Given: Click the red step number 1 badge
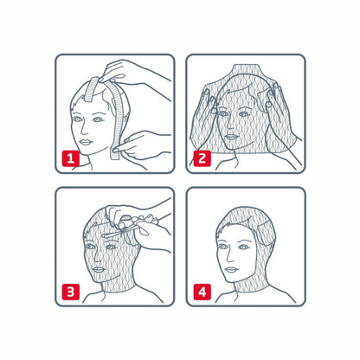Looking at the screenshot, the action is tap(71, 158).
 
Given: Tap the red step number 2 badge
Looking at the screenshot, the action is tap(202, 158).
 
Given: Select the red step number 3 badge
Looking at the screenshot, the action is tap(71, 292).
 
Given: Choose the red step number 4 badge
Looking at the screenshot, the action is tap(202, 292).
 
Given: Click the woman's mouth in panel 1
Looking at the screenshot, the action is tap(86, 142).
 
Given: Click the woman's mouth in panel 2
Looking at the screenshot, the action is tap(231, 137).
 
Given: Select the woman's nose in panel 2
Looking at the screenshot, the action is tap(230, 125).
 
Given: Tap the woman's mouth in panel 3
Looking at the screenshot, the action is tap(99, 269).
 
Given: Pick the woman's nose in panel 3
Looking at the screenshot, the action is tap(98, 257).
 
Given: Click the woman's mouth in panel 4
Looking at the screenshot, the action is tap(231, 270).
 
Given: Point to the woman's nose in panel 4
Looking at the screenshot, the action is tap(230, 257).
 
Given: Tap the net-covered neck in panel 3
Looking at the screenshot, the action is tap(119, 284).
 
